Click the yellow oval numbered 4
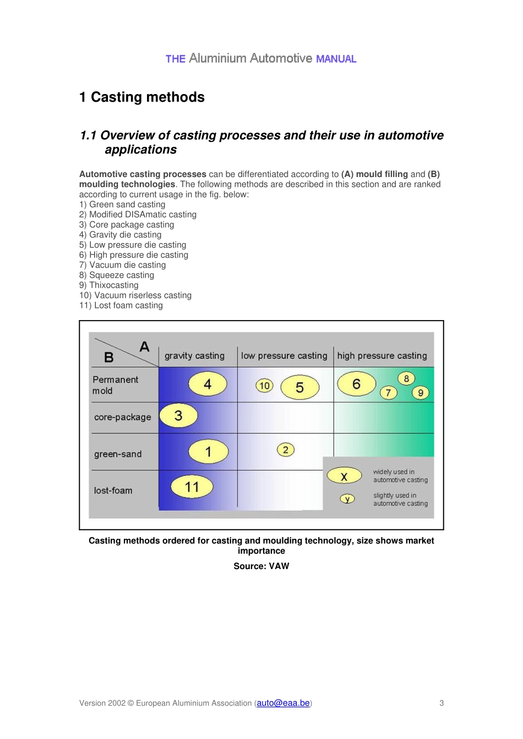pos(208,384)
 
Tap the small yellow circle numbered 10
pos(264,385)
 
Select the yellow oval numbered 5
pos(299,387)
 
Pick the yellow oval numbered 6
pos(356,384)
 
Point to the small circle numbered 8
pos(406,378)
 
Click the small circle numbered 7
pos(388,393)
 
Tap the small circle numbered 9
pos(421,393)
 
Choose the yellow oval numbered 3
pos(178,415)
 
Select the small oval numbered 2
pos(285,450)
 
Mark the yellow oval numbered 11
pos(192,487)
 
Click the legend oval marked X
pos(344,476)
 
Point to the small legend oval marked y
pos(347,499)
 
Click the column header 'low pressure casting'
pos(284,356)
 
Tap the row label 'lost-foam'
pos(113,490)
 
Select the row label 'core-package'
pos(122,417)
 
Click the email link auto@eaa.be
pos(283,703)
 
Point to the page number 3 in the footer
pos(442,703)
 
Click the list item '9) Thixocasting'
pos(109,285)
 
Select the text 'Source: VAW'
pos(261,566)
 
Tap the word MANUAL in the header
pos(336,59)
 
